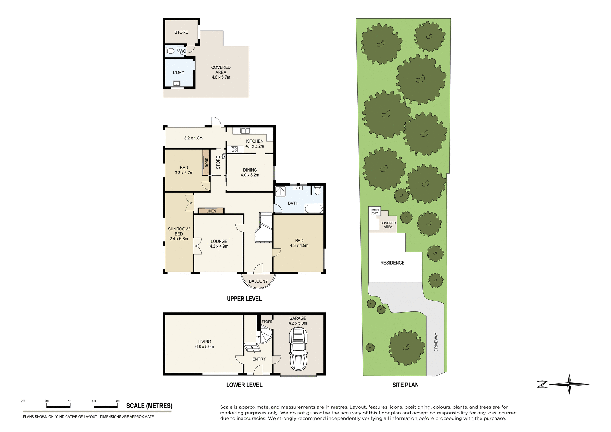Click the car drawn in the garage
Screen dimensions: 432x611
click(x=298, y=349)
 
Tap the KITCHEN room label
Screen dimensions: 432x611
click(x=255, y=141)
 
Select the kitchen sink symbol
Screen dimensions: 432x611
click(x=245, y=131)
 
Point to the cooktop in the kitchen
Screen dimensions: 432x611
click(x=234, y=149)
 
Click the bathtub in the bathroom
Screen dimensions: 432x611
click(x=314, y=209)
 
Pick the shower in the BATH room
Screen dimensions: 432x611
click(x=280, y=191)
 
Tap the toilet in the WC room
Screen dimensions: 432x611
click(x=170, y=51)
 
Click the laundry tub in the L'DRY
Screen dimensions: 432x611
click(x=176, y=84)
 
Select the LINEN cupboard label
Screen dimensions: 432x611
click(x=211, y=211)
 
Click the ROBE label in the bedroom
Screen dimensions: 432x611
click(x=207, y=163)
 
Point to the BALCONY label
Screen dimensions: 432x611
click(x=258, y=281)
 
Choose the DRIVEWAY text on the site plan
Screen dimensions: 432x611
click(x=436, y=342)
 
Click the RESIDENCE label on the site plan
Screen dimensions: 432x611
click(x=392, y=263)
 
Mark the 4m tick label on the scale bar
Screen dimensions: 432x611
click(x=70, y=401)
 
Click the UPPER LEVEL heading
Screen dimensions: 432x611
click(x=244, y=299)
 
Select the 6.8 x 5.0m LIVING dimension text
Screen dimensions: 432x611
click(x=204, y=347)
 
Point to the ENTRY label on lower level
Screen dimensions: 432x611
click(x=259, y=359)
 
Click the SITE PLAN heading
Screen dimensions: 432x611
click(x=405, y=385)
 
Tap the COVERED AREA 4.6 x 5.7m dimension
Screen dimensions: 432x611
click(x=221, y=77)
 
